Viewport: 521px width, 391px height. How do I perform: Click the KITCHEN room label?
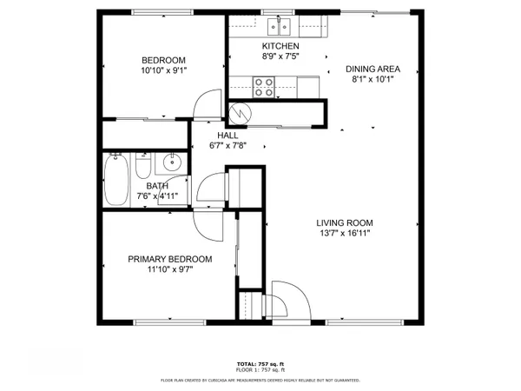pos(280,46)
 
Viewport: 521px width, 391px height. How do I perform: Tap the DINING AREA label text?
pos(372,69)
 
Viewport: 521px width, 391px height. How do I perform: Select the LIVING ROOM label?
pos(344,222)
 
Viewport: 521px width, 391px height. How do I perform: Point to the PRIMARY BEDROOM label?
pos(170,259)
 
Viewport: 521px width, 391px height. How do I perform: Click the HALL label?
pos(228,136)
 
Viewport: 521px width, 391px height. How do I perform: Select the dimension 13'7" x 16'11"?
pos(344,234)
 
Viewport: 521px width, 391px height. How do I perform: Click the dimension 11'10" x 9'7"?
pos(170,269)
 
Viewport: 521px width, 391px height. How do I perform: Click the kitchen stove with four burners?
pos(264,86)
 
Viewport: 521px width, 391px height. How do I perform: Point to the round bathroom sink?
pos(172,162)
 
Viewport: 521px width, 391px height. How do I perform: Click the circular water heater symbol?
pos(240,112)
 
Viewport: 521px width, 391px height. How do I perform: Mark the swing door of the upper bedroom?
pos(206,105)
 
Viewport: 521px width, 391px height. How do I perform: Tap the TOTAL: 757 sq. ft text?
pos(260,363)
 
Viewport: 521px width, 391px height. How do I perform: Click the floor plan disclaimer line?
pos(260,380)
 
